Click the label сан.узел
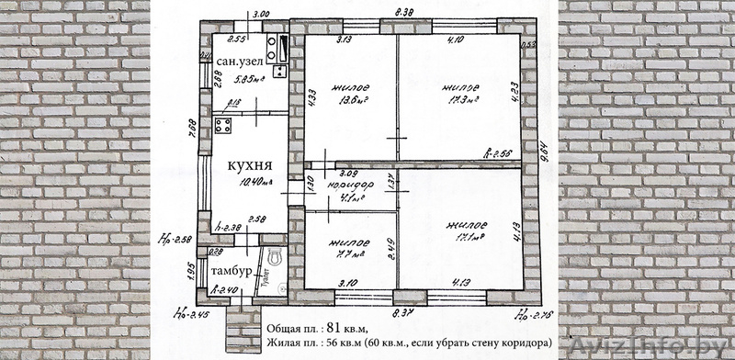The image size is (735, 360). coord(241,61)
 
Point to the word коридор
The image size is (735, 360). coord(348,184)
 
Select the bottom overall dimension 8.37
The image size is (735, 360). coord(405,313)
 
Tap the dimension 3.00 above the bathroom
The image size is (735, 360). coord(260,15)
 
